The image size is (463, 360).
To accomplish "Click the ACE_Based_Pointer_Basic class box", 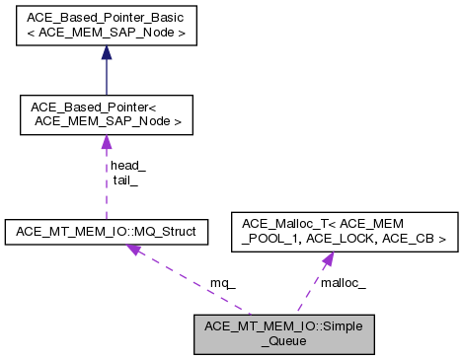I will click(x=106, y=28).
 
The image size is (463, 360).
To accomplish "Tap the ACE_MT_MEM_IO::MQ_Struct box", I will click(x=116, y=231).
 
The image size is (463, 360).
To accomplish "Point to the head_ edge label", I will click(x=127, y=166).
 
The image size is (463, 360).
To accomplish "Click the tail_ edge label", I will click(x=124, y=180).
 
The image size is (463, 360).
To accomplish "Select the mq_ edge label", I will click(x=223, y=282).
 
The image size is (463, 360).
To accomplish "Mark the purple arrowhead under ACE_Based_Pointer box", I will click(x=106, y=143).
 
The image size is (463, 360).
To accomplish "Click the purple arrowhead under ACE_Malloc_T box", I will click(x=325, y=259).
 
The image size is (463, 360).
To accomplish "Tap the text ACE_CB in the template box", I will click(x=417, y=239).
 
